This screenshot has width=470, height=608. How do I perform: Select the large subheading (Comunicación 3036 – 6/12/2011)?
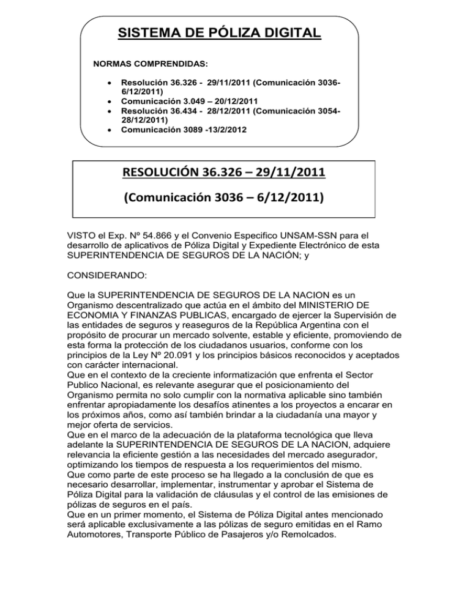pyautogui.click(x=224, y=199)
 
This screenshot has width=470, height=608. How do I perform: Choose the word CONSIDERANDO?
pyautogui.click(x=108, y=276)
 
